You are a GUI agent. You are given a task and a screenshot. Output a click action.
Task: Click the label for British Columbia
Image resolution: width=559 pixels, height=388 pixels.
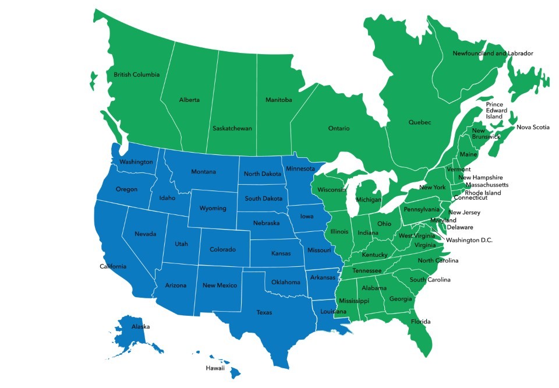coord(136,75)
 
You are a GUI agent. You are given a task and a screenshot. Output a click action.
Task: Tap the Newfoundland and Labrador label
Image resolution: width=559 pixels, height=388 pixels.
coord(493,54)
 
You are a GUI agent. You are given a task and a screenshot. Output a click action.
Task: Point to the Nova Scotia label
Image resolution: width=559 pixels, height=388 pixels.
coord(533,127)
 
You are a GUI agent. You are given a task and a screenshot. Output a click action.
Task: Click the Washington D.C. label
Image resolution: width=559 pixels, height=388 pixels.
coord(469,240)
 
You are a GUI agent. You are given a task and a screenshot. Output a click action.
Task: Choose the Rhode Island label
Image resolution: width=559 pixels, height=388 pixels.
coord(483,193)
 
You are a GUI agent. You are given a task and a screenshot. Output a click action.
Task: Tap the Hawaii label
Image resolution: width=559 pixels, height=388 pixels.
coord(215,368)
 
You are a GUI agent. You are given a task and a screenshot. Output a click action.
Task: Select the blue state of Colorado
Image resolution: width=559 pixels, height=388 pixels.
coord(222,250)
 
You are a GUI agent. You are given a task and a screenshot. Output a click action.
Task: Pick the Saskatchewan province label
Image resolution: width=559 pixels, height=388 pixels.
coord(232,128)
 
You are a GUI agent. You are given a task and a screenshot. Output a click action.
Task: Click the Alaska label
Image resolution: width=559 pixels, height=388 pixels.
coord(141,327)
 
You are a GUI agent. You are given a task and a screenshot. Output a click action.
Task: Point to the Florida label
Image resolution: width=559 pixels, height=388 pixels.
coord(420,322)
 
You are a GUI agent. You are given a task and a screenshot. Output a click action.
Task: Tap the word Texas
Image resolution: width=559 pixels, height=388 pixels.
coord(264,313)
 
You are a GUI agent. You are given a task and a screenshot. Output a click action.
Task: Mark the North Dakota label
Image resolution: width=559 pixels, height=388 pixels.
coord(262,174)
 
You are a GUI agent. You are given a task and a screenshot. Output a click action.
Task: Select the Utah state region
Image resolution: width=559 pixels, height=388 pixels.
coord(181,244)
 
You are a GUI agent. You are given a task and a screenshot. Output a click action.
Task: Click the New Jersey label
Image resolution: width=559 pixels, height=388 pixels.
coord(464,213)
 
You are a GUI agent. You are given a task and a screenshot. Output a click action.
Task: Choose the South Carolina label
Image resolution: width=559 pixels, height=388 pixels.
coord(430,280)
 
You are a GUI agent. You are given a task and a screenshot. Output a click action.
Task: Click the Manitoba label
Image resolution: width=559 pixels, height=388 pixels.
coord(278,100)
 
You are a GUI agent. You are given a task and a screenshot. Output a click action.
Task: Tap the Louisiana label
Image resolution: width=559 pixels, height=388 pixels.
coord(334,312)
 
